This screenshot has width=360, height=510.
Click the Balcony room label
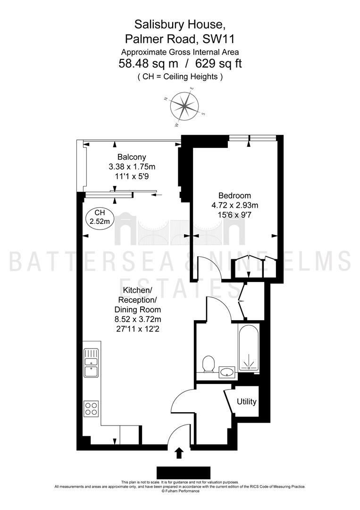[132, 157]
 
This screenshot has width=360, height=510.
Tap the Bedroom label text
[234, 195]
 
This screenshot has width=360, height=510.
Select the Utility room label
[247, 401]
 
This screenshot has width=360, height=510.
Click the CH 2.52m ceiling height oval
[100, 217]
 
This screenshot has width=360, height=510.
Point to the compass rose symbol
[185, 105]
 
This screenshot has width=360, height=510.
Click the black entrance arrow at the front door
[179, 453]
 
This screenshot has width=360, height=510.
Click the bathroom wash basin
[227, 372]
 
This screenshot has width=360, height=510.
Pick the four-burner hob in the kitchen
[92, 408]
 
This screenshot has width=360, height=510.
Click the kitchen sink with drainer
[92, 363]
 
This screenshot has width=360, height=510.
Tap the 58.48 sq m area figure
[148, 63]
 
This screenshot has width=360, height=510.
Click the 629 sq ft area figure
[218, 63]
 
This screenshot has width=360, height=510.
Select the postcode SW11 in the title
[218, 39]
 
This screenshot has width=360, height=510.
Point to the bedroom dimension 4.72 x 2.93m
[235, 205]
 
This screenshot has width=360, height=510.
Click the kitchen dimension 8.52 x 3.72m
[138, 319]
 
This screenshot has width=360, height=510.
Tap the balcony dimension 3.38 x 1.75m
[132, 167]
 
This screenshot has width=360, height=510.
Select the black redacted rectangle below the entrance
[184, 473]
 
